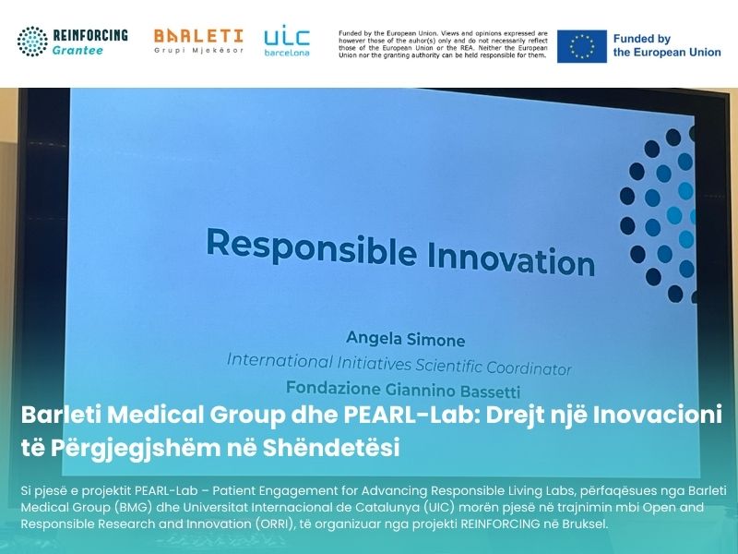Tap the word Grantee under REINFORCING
click(x=78, y=51)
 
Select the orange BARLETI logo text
click(x=198, y=35)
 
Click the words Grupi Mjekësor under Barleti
click(x=198, y=51)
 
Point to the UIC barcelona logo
click(x=287, y=41)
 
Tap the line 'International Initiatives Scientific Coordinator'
click(x=399, y=363)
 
